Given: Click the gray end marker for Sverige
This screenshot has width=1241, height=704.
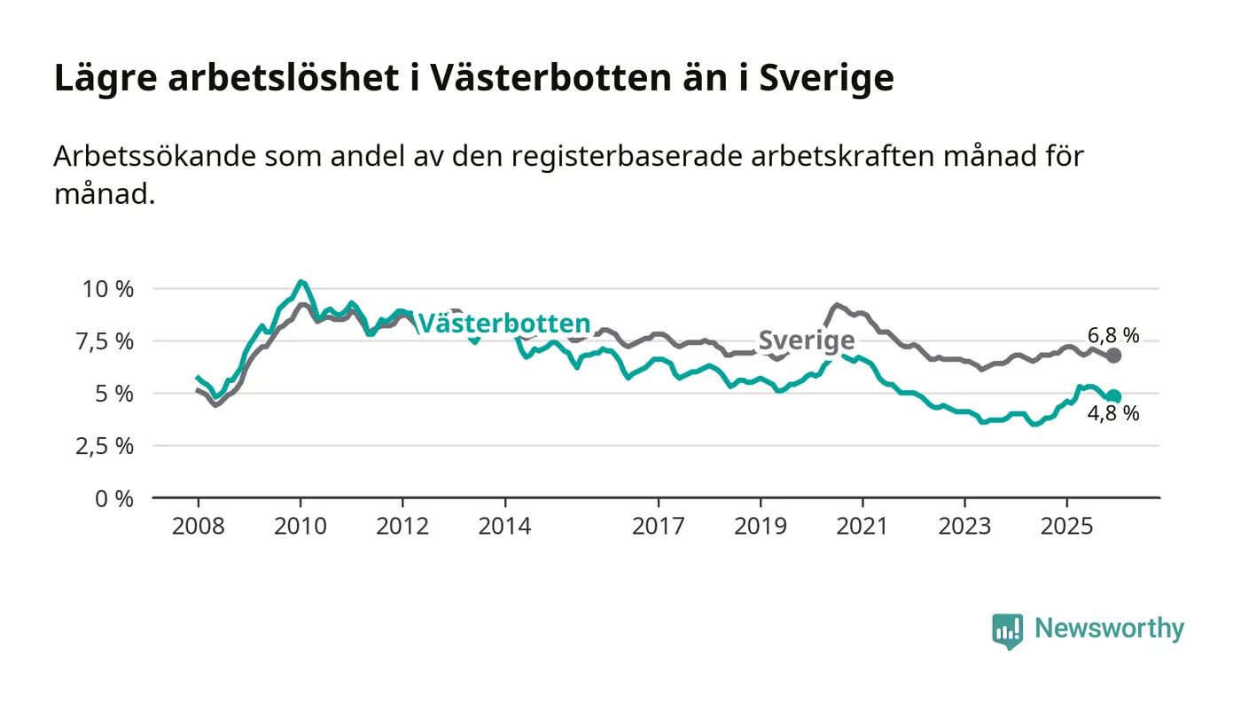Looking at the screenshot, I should pyautogui.click(x=1113, y=356).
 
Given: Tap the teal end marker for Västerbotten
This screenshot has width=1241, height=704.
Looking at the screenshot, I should pyautogui.click(x=1113, y=397).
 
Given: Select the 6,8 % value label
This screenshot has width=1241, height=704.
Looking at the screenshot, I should pyautogui.click(x=1114, y=335).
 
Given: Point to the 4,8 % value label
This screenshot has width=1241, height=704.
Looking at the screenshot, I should pyautogui.click(x=1114, y=413).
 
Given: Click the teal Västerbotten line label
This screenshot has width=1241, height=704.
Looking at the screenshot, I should pyautogui.click(x=503, y=323).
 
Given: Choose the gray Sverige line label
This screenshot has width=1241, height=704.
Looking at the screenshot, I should pyautogui.click(x=806, y=340).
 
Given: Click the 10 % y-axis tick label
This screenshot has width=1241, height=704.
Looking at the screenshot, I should pyautogui.click(x=107, y=289).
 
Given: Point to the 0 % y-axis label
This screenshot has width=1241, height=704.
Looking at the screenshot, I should pyautogui.click(x=115, y=498).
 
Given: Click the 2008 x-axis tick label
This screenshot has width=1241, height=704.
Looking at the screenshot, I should pyautogui.click(x=198, y=527).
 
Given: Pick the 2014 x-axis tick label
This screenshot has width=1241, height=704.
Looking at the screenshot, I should pyautogui.click(x=504, y=527).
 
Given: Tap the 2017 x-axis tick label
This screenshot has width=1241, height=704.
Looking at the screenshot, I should pyautogui.click(x=658, y=527).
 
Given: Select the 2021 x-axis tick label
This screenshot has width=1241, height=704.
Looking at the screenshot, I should pyautogui.click(x=862, y=527).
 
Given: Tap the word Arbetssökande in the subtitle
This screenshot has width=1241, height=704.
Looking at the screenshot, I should pyautogui.click(x=152, y=156).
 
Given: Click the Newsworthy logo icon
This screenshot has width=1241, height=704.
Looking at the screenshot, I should pyautogui.click(x=1007, y=630).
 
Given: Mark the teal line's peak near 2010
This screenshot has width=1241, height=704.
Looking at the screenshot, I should pyautogui.click(x=301, y=282).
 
